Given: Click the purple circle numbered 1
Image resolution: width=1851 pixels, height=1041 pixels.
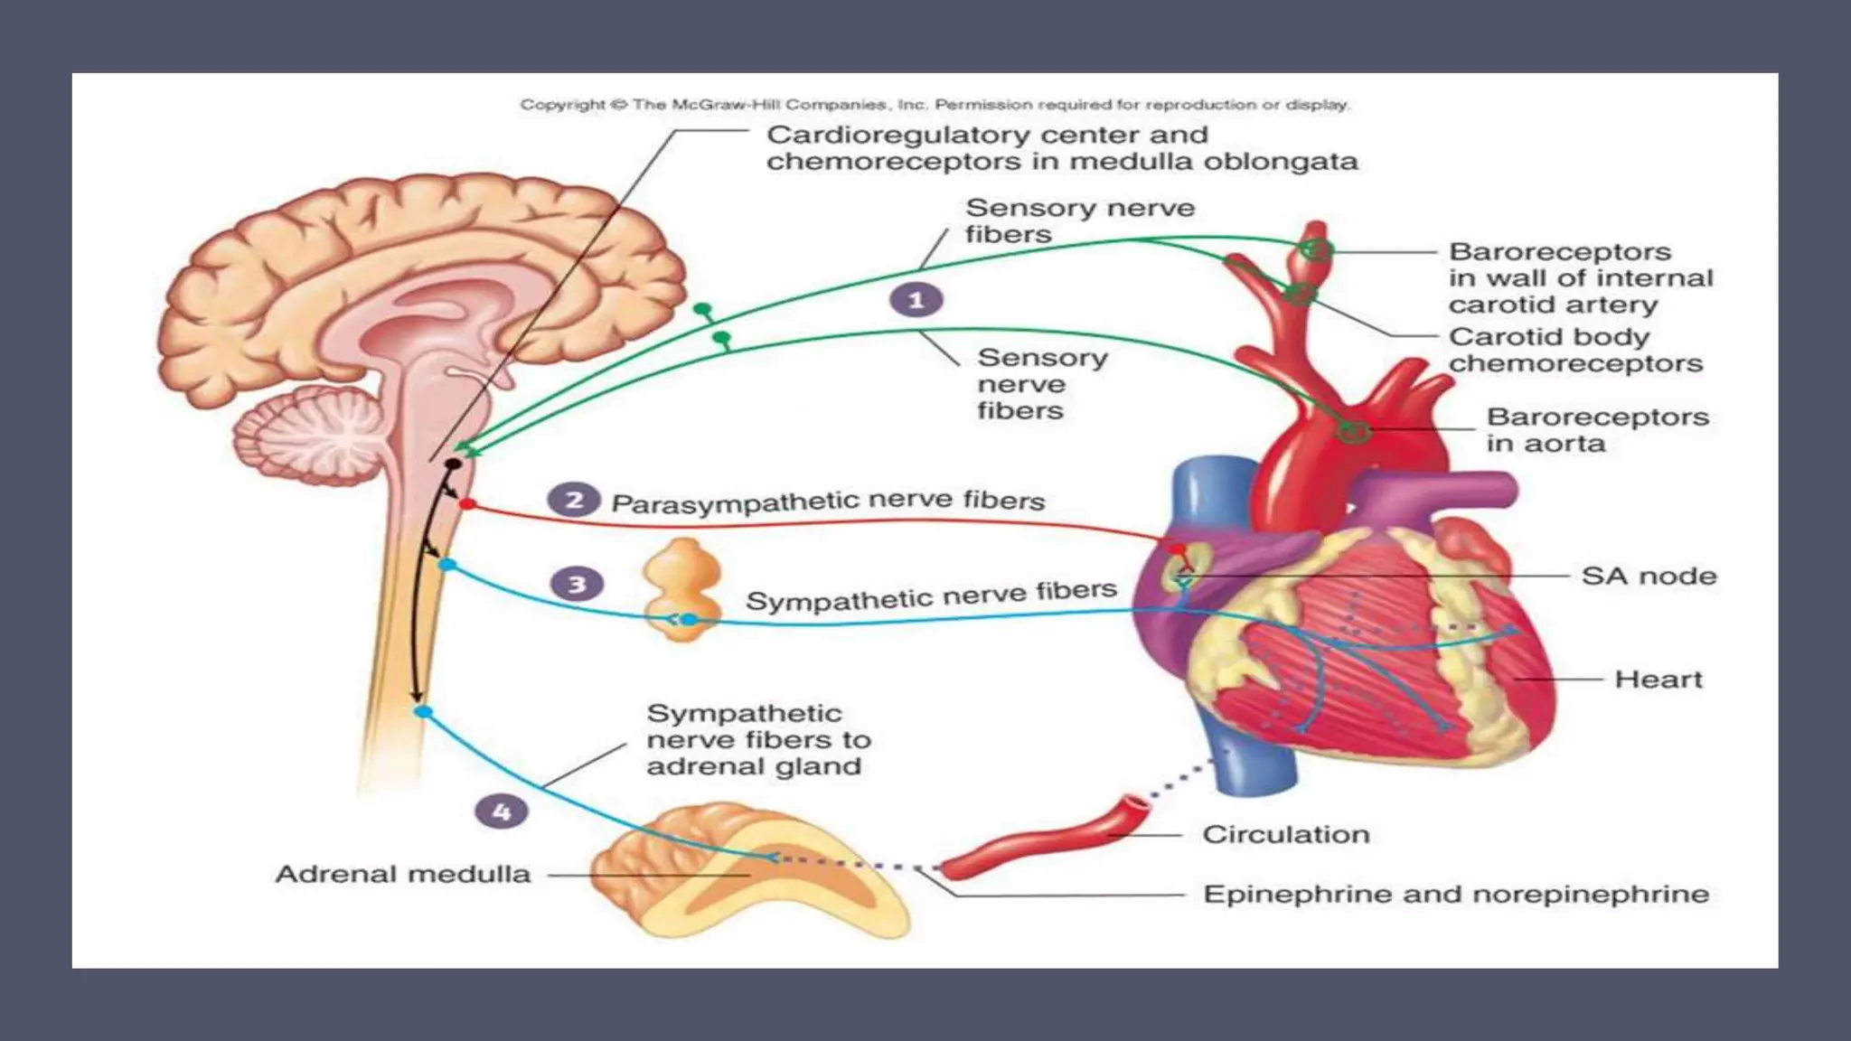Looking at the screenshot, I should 916,300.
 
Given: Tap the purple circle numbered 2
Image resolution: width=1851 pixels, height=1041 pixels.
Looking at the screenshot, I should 574,500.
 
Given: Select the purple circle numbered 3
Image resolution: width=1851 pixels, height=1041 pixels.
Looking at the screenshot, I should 577,584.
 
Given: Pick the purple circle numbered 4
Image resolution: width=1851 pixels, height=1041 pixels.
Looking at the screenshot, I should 502,811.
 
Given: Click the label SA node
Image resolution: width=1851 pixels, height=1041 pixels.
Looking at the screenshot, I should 1649,576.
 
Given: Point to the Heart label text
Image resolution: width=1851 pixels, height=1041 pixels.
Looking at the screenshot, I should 1658,679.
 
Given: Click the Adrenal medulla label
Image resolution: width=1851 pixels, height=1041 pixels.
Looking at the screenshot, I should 402,874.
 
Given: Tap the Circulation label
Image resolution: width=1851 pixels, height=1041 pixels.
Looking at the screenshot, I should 1285,834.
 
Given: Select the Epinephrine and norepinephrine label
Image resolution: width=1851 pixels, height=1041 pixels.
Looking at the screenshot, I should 1455,894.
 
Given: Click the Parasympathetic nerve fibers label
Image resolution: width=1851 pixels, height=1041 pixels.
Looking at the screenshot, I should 827,502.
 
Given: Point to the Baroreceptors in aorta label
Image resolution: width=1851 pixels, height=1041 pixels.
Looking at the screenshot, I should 1597,430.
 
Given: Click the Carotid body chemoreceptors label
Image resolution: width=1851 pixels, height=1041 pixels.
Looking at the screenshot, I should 1574,350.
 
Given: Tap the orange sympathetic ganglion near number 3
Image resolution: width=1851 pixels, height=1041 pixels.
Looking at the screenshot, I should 682,589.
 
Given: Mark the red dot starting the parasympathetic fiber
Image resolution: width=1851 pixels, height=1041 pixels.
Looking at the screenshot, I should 466,503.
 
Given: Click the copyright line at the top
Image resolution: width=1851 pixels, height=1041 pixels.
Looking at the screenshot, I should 934,105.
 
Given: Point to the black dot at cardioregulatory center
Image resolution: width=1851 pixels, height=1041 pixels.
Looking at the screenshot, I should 453,464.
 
